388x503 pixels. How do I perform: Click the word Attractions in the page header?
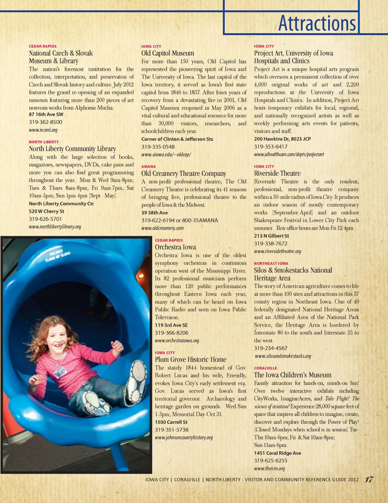point(317,23)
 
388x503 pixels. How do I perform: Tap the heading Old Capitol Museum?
point(167,53)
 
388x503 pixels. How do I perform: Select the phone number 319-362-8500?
point(46,122)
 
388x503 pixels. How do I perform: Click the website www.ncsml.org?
point(43,130)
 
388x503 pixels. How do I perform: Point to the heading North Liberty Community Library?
point(72,149)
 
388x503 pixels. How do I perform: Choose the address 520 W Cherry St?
point(46,211)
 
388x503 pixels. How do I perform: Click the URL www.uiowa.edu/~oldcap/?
point(166,155)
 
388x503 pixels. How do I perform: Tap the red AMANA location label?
point(148,166)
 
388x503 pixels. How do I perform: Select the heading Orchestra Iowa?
point(175,247)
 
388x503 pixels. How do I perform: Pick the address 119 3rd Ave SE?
point(171,325)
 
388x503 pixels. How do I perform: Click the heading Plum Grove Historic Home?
point(190,360)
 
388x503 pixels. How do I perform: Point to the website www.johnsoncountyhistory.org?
point(183,438)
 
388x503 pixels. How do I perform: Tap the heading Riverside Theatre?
point(277,173)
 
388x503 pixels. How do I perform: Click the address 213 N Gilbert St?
point(272,236)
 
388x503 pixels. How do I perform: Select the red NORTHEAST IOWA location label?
point(271,263)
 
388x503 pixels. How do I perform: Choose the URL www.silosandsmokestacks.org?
point(283,356)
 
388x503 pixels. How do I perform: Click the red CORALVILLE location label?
point(266,368)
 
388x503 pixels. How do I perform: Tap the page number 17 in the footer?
point(369,480)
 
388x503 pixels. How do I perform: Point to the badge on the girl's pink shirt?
point(60,373)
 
